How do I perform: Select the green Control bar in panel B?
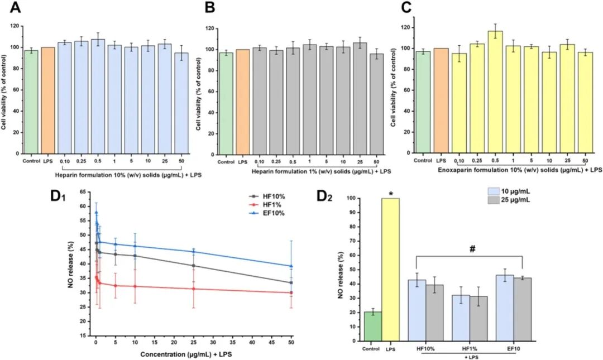[x=226, y=103]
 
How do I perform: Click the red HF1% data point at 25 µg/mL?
[x=193, y=289]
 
